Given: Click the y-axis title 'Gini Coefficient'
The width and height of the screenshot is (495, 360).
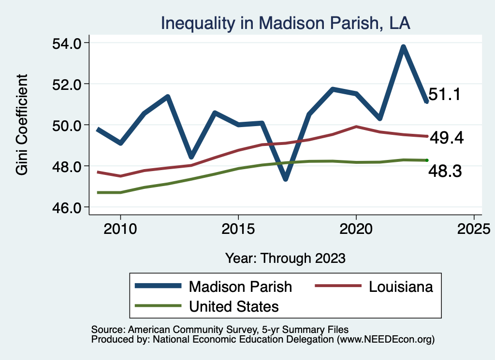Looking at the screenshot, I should [22, 125].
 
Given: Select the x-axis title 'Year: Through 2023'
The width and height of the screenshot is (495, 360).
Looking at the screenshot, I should [285, 258].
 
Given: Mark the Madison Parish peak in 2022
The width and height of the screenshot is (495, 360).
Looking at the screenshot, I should [403, 47].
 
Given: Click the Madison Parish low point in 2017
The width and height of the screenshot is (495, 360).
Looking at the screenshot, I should [286, 179].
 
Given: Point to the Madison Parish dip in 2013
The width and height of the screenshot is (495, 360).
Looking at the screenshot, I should [191, 157].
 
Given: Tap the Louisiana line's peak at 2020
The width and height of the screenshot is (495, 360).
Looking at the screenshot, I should [356, 127].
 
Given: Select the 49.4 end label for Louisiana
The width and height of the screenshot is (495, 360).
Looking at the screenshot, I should [447, 139].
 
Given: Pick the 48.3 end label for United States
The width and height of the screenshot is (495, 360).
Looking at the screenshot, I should [445, 171].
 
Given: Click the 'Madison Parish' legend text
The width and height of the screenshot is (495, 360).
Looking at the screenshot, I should [240, 287].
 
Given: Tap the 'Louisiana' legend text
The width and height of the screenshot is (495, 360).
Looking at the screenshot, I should [401, 287].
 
